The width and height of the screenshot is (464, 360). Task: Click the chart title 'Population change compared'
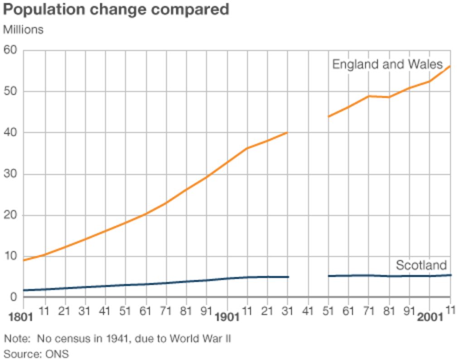[x=116, y=10]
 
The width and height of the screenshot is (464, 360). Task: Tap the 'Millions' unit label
[x=23, y=30]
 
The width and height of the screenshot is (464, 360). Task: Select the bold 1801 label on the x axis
[x=21, y=317]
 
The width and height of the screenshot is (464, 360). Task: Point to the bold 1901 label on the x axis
[x=227, y=317]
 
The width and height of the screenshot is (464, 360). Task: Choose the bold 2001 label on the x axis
[x=430, y=317]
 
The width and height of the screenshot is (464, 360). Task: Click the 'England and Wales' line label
[x=387, y=64]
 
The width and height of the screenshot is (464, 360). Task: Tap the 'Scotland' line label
[x=421, y=265]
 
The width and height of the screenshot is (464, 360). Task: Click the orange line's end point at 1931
[x=288, y=132]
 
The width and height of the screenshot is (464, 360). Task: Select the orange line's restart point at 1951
[x=329, y=117]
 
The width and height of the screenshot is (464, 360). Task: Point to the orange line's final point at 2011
[x=450, y=66]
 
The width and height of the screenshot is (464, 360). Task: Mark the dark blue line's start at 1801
[x=24, y=290]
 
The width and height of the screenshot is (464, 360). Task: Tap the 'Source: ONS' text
[x=36, y=354]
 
